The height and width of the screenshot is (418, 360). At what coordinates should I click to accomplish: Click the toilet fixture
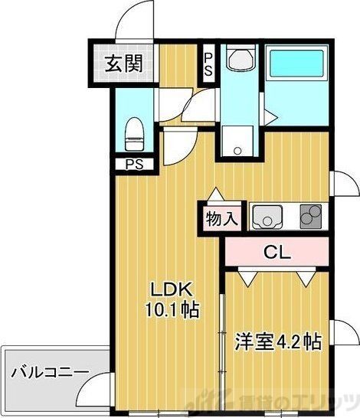[133, 133]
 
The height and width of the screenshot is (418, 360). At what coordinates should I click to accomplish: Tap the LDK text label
[175, 290]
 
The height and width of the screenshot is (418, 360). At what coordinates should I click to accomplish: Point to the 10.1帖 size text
[175, 310]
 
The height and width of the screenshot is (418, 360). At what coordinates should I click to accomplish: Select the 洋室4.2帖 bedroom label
[277, 340]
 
